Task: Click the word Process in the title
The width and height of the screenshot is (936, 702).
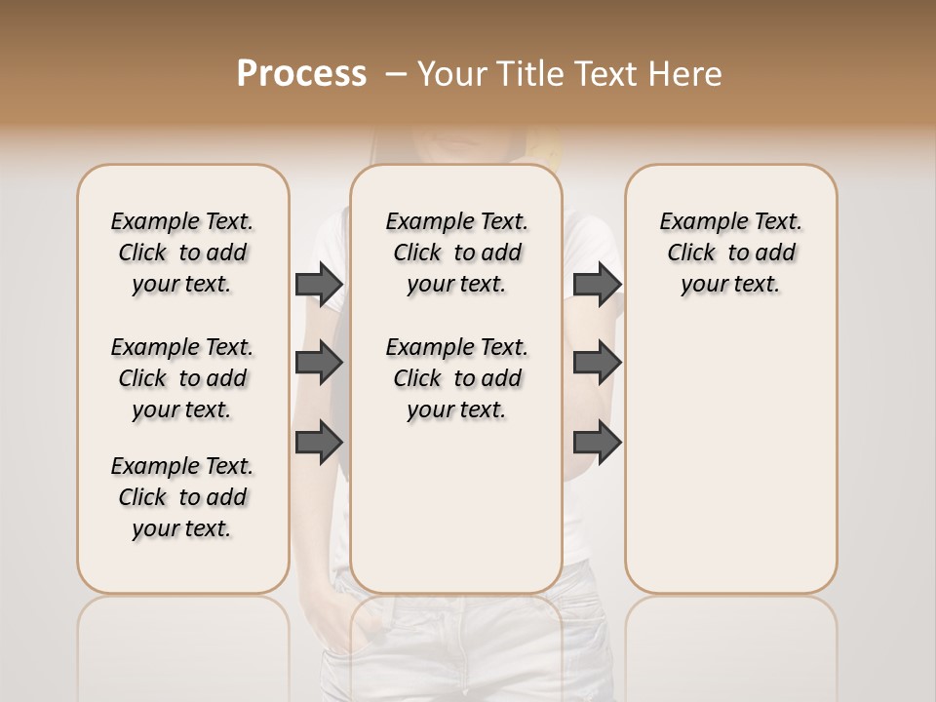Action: pyautogui.click(x=301, y=73)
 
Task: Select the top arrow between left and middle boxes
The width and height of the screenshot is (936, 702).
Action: pyautogui.click(x=319, y=284)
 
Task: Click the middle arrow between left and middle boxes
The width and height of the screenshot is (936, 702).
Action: pyautogui.click(x=319, y=364)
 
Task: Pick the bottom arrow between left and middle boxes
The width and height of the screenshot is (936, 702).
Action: pyautogui.click(x=319, y=442)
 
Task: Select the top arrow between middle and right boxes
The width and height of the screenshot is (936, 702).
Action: pyautogui.click(x=597, y=284)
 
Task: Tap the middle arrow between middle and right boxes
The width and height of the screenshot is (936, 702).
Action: pyautogui.click(x=597, y=364)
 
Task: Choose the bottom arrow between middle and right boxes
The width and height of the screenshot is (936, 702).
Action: pyautogui.click(x=597, y=442)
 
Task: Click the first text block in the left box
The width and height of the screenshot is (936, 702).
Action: pyautogui.click(x=182, y=253)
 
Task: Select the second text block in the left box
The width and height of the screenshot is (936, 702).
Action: pyautogui.click(x=182, y=378)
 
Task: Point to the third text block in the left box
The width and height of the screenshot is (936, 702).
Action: pyautogui.click(x=182, y=497)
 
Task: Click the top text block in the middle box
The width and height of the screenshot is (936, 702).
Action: pyautogui.click(x=456, y=253)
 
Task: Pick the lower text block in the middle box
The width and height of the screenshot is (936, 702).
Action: pyautogui.click(x=456, y=378)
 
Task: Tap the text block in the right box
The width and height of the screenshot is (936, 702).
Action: pyautogui.click(x=730, y=253)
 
